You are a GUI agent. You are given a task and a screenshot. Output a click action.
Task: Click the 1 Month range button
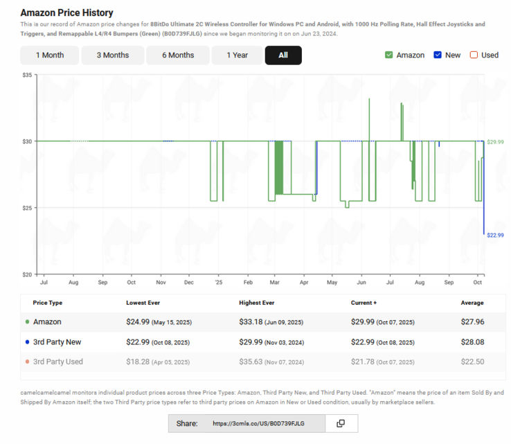[x=49, y=55]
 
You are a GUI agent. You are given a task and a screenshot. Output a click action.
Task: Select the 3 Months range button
[x=112, y=55]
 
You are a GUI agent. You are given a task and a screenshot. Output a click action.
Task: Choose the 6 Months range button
[x=178, y=55]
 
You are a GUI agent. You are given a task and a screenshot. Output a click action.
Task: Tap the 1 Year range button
[x=237, y=55]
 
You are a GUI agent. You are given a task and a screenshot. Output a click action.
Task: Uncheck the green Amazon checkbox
[x=389, y=55]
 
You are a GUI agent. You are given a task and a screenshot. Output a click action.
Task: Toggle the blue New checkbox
[x=438, y=55]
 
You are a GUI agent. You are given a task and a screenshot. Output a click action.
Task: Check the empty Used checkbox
[x=474, y=55]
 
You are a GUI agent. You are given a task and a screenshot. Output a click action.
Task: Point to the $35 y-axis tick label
[x=26, y=74]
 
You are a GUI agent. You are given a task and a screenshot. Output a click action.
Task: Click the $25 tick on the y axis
[x=26, y=208]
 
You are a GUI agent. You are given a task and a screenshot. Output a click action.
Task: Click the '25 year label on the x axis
[x=218, y=283]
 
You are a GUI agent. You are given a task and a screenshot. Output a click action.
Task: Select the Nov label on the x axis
[x=160, y=283]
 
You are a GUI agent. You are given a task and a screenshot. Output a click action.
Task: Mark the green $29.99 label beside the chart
[x=495, y=142]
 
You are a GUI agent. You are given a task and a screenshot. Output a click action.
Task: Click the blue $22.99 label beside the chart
[x=495, y=236]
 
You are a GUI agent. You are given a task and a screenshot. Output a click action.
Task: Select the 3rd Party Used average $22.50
[x=472, y=362]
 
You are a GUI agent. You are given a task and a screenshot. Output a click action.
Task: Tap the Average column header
[x=472, y=303]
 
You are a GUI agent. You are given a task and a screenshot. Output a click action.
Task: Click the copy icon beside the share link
[x=341, y=423]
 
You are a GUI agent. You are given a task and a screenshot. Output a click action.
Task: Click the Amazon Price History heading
[x=67, y=13]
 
